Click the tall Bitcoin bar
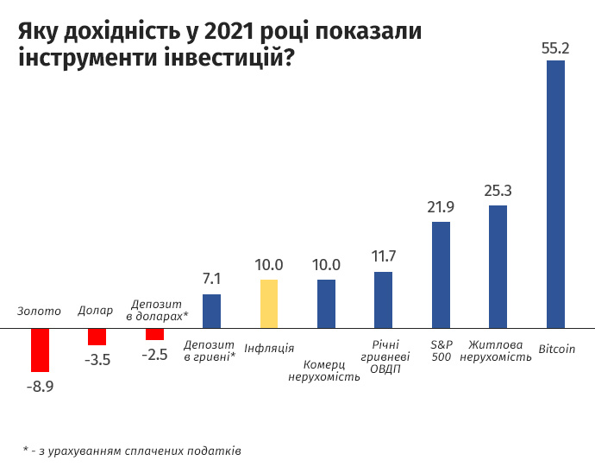tap(556, 194)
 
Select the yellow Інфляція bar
tap(269, 304)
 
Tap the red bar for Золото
tap(40, 350)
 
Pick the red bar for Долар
tap(97, 337)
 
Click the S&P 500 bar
tap(441, 274)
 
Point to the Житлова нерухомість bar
tap(498, 267)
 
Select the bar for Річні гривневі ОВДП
tap(384, 300)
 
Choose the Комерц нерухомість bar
tap(326, 304)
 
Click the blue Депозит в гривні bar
tap(211, 311)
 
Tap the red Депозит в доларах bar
tap(154, 334)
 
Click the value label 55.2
tap(556, 48)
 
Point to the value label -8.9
tap(39, 386)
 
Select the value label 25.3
tap(498, 191)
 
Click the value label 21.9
tap(441, 207)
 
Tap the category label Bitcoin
tap(556, 349)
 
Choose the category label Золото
tap(40, 311)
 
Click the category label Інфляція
tap(269, 349)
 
